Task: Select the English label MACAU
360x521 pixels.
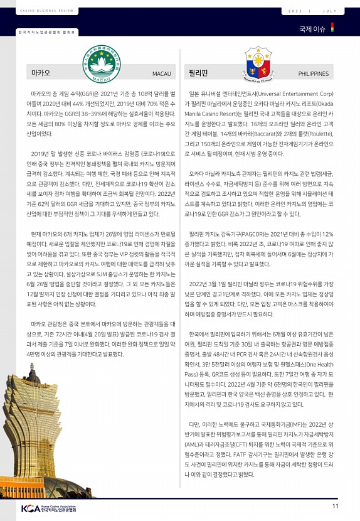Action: click(162, 74)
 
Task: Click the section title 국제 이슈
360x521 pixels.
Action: click(312, 29)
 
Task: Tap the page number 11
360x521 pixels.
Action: click(336, 506)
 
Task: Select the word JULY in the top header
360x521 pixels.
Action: click(332, 11)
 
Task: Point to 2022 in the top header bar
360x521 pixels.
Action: click(295, 11)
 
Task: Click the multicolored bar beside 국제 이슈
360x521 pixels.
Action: click(332, 28)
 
